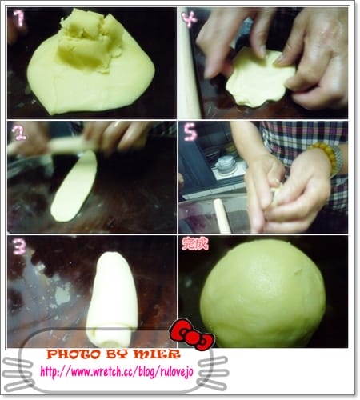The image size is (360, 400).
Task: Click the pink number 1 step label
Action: pyautogui.click(x=19, y=18)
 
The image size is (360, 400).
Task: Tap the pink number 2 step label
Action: pyautogui.click(x=19, y=133)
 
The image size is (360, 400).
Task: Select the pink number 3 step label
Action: pyautogui.click(x=19, y=246)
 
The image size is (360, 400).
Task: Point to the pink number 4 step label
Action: pyautogui.click(x=190, y=19)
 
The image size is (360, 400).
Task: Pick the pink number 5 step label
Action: pyautogui.click(x=190, y=133)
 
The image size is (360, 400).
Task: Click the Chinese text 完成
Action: pyautogui.click(x=194, y=243)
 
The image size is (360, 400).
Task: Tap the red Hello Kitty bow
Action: pyautogui.click(x=192, y=334)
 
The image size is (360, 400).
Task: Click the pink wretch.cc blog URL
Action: pyautogui.click(x=117, y=372)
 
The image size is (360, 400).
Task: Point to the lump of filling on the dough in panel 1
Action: pyautogui.click(x=90, y=39)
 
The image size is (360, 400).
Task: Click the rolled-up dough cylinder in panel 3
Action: pyautogui.click(x=111, y=298)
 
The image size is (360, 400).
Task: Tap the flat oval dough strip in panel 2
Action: pyautogui.click(x=74, y=186)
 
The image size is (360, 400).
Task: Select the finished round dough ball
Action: pyautogui.click(x=262, y=294)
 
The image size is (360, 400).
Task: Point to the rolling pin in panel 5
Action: pyautogui.click(x=222, y=216)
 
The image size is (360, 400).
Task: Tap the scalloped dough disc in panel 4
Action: pyautogui.click(x=258, y=78)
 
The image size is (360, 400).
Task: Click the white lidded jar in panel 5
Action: pyautogui.click(x=226, y=165)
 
